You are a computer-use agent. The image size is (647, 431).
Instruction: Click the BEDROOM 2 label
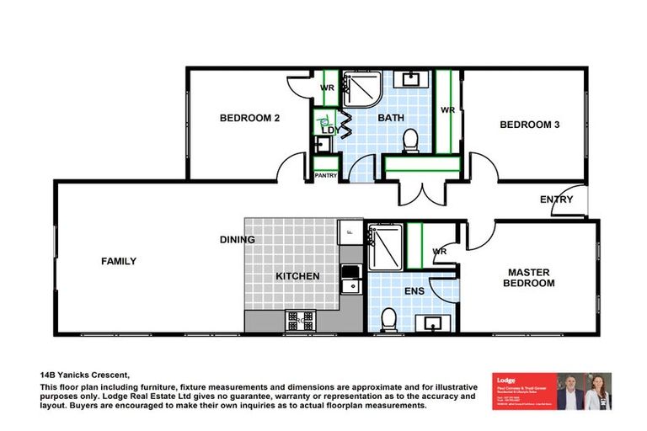[249, 119]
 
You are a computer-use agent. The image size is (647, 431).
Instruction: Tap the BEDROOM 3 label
[530, 125]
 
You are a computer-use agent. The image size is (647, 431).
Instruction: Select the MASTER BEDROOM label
[529, 278]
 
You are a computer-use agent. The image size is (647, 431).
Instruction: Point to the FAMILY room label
[119, 262]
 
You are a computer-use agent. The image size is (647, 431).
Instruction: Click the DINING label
[238, 240]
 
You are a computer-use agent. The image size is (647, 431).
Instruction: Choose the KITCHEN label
[298, 276]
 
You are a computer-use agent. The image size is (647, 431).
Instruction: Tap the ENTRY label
[557, 200]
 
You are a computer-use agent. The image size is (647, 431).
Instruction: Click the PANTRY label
[326, 176]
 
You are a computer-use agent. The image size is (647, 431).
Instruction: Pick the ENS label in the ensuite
[414, 291]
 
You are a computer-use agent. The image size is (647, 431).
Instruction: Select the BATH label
[390, 119]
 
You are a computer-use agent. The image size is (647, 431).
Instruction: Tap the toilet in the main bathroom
[411, 141]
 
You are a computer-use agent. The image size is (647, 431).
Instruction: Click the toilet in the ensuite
[389, 319]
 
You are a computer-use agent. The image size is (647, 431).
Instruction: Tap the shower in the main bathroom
[361, 90]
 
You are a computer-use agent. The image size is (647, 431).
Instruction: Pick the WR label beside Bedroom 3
[448, 110]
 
